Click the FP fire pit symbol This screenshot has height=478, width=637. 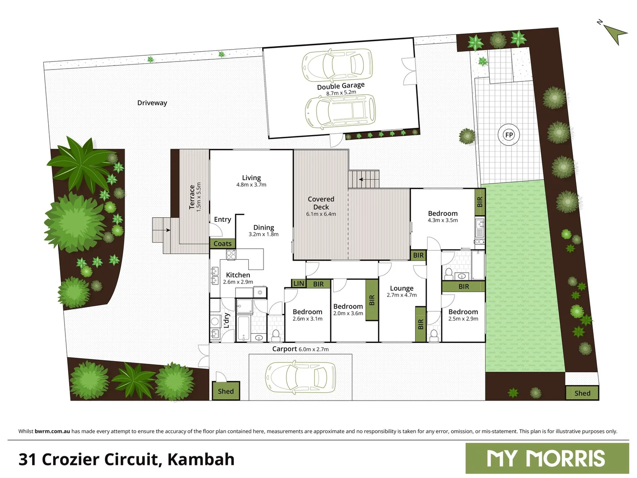(509, 135)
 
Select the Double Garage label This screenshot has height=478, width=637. (341, 86)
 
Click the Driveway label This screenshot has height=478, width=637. (152, 103)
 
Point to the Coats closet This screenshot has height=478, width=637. (223, 243)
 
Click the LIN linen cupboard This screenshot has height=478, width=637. (299, 283)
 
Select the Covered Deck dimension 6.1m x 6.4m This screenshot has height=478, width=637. (321, 214)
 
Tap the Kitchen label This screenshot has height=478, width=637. (238, 275)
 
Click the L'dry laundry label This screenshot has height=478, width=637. (227, 320)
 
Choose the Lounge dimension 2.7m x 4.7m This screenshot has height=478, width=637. (402, 295)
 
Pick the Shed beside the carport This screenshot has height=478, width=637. (225, 391)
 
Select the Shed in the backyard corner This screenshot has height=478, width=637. (582, 393)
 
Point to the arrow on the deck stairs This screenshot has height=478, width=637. (362, 179)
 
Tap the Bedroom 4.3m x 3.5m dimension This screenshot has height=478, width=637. (442, 220)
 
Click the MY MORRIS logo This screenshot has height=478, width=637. (547, 458)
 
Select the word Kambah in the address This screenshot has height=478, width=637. (201, 459)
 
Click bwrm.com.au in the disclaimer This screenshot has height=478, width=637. (52, 431)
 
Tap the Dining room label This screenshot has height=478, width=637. (263, 227)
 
